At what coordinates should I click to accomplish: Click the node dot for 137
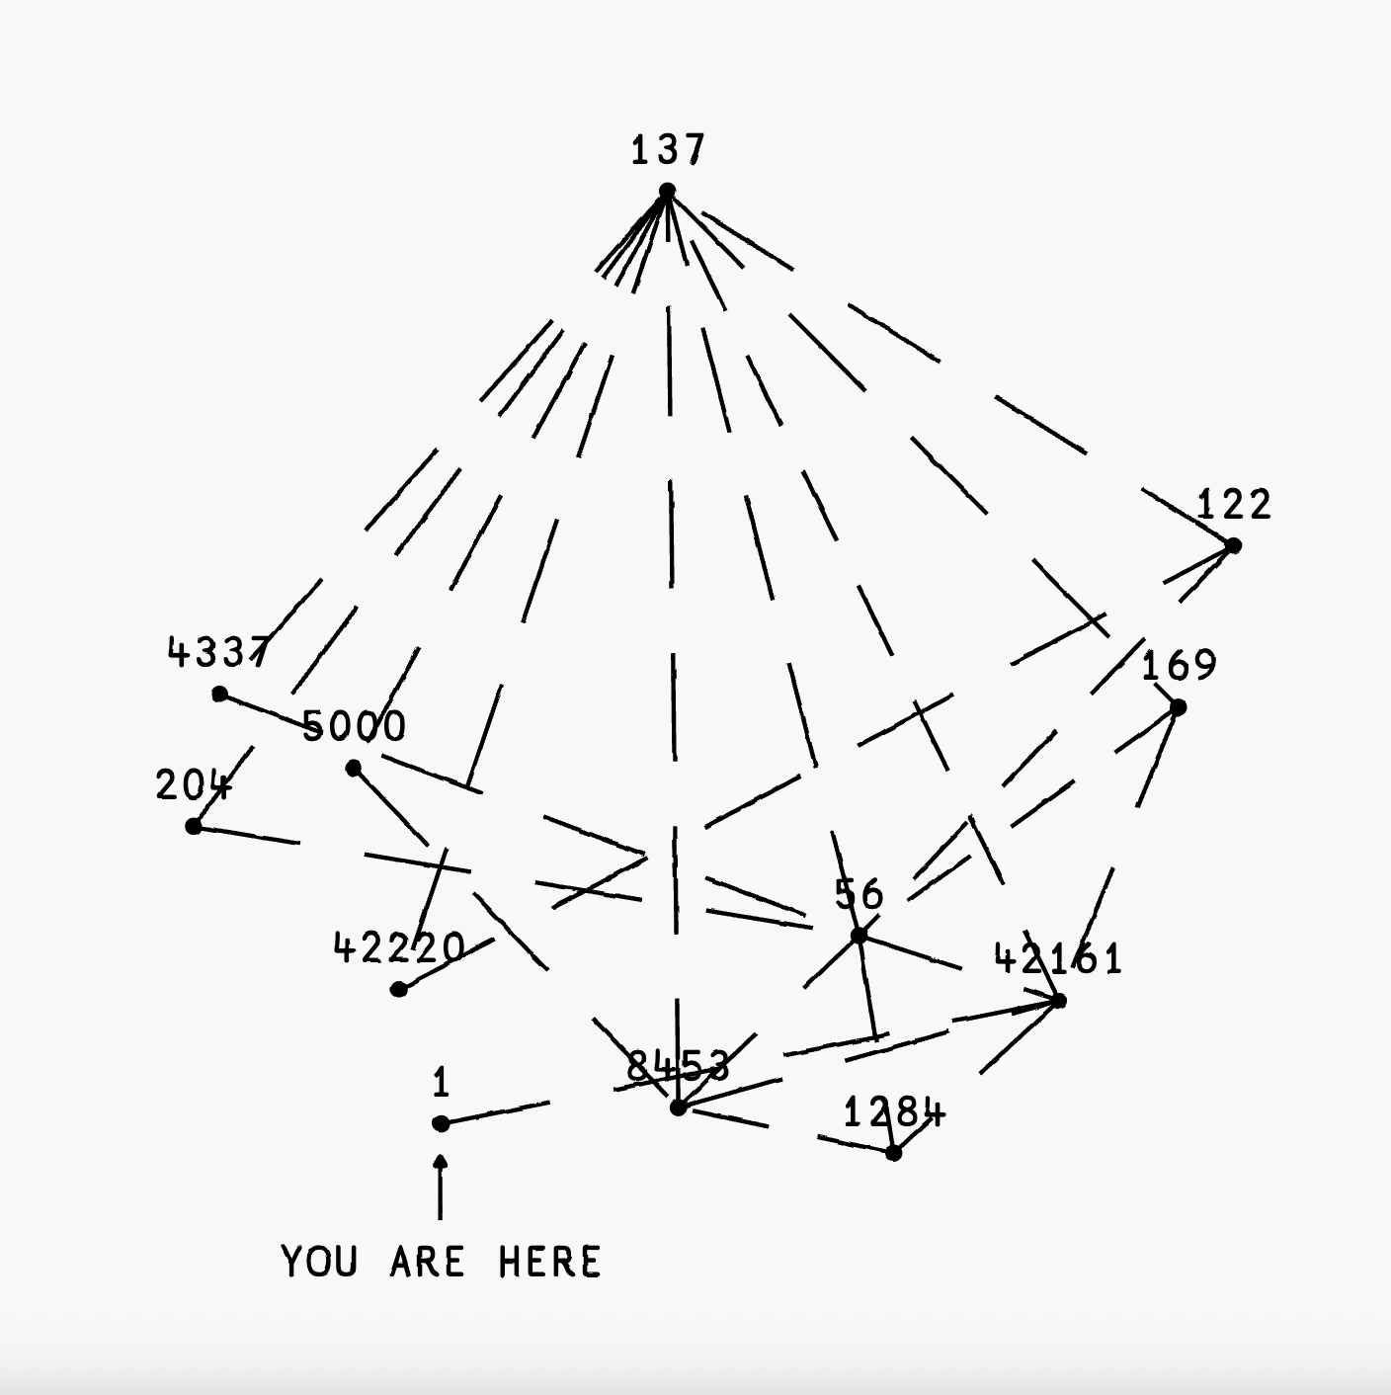[x=667, y=191]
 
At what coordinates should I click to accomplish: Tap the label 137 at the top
[x=668, y=150]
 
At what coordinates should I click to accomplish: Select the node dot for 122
[x=1233, y=545]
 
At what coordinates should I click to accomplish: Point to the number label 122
[x=1234, y=505]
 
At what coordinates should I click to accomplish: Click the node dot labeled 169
[x=1178, y=707]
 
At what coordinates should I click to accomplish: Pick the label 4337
[x=217, y=652]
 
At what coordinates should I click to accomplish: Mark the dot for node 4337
[x=219, y=695]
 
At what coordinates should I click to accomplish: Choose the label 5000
[x=354, y=727]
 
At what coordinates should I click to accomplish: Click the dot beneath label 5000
[x=354, y=768]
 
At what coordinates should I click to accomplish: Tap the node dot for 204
[x=194, y=826]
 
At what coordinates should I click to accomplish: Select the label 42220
[x=399, y=948]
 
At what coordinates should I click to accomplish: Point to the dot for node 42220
[x=399, y=989]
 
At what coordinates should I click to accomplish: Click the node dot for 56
[x=859, y=935]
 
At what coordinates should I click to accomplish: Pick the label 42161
[x=1058, y=959]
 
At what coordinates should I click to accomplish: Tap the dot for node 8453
[x=678, y=1108]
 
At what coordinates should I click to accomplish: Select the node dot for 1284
[x=893, y=1153]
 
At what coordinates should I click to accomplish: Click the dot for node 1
[x=441, y=1123]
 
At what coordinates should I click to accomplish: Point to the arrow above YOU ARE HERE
[x=441, y=1186]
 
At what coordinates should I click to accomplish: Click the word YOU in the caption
[x=319, y=1263]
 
